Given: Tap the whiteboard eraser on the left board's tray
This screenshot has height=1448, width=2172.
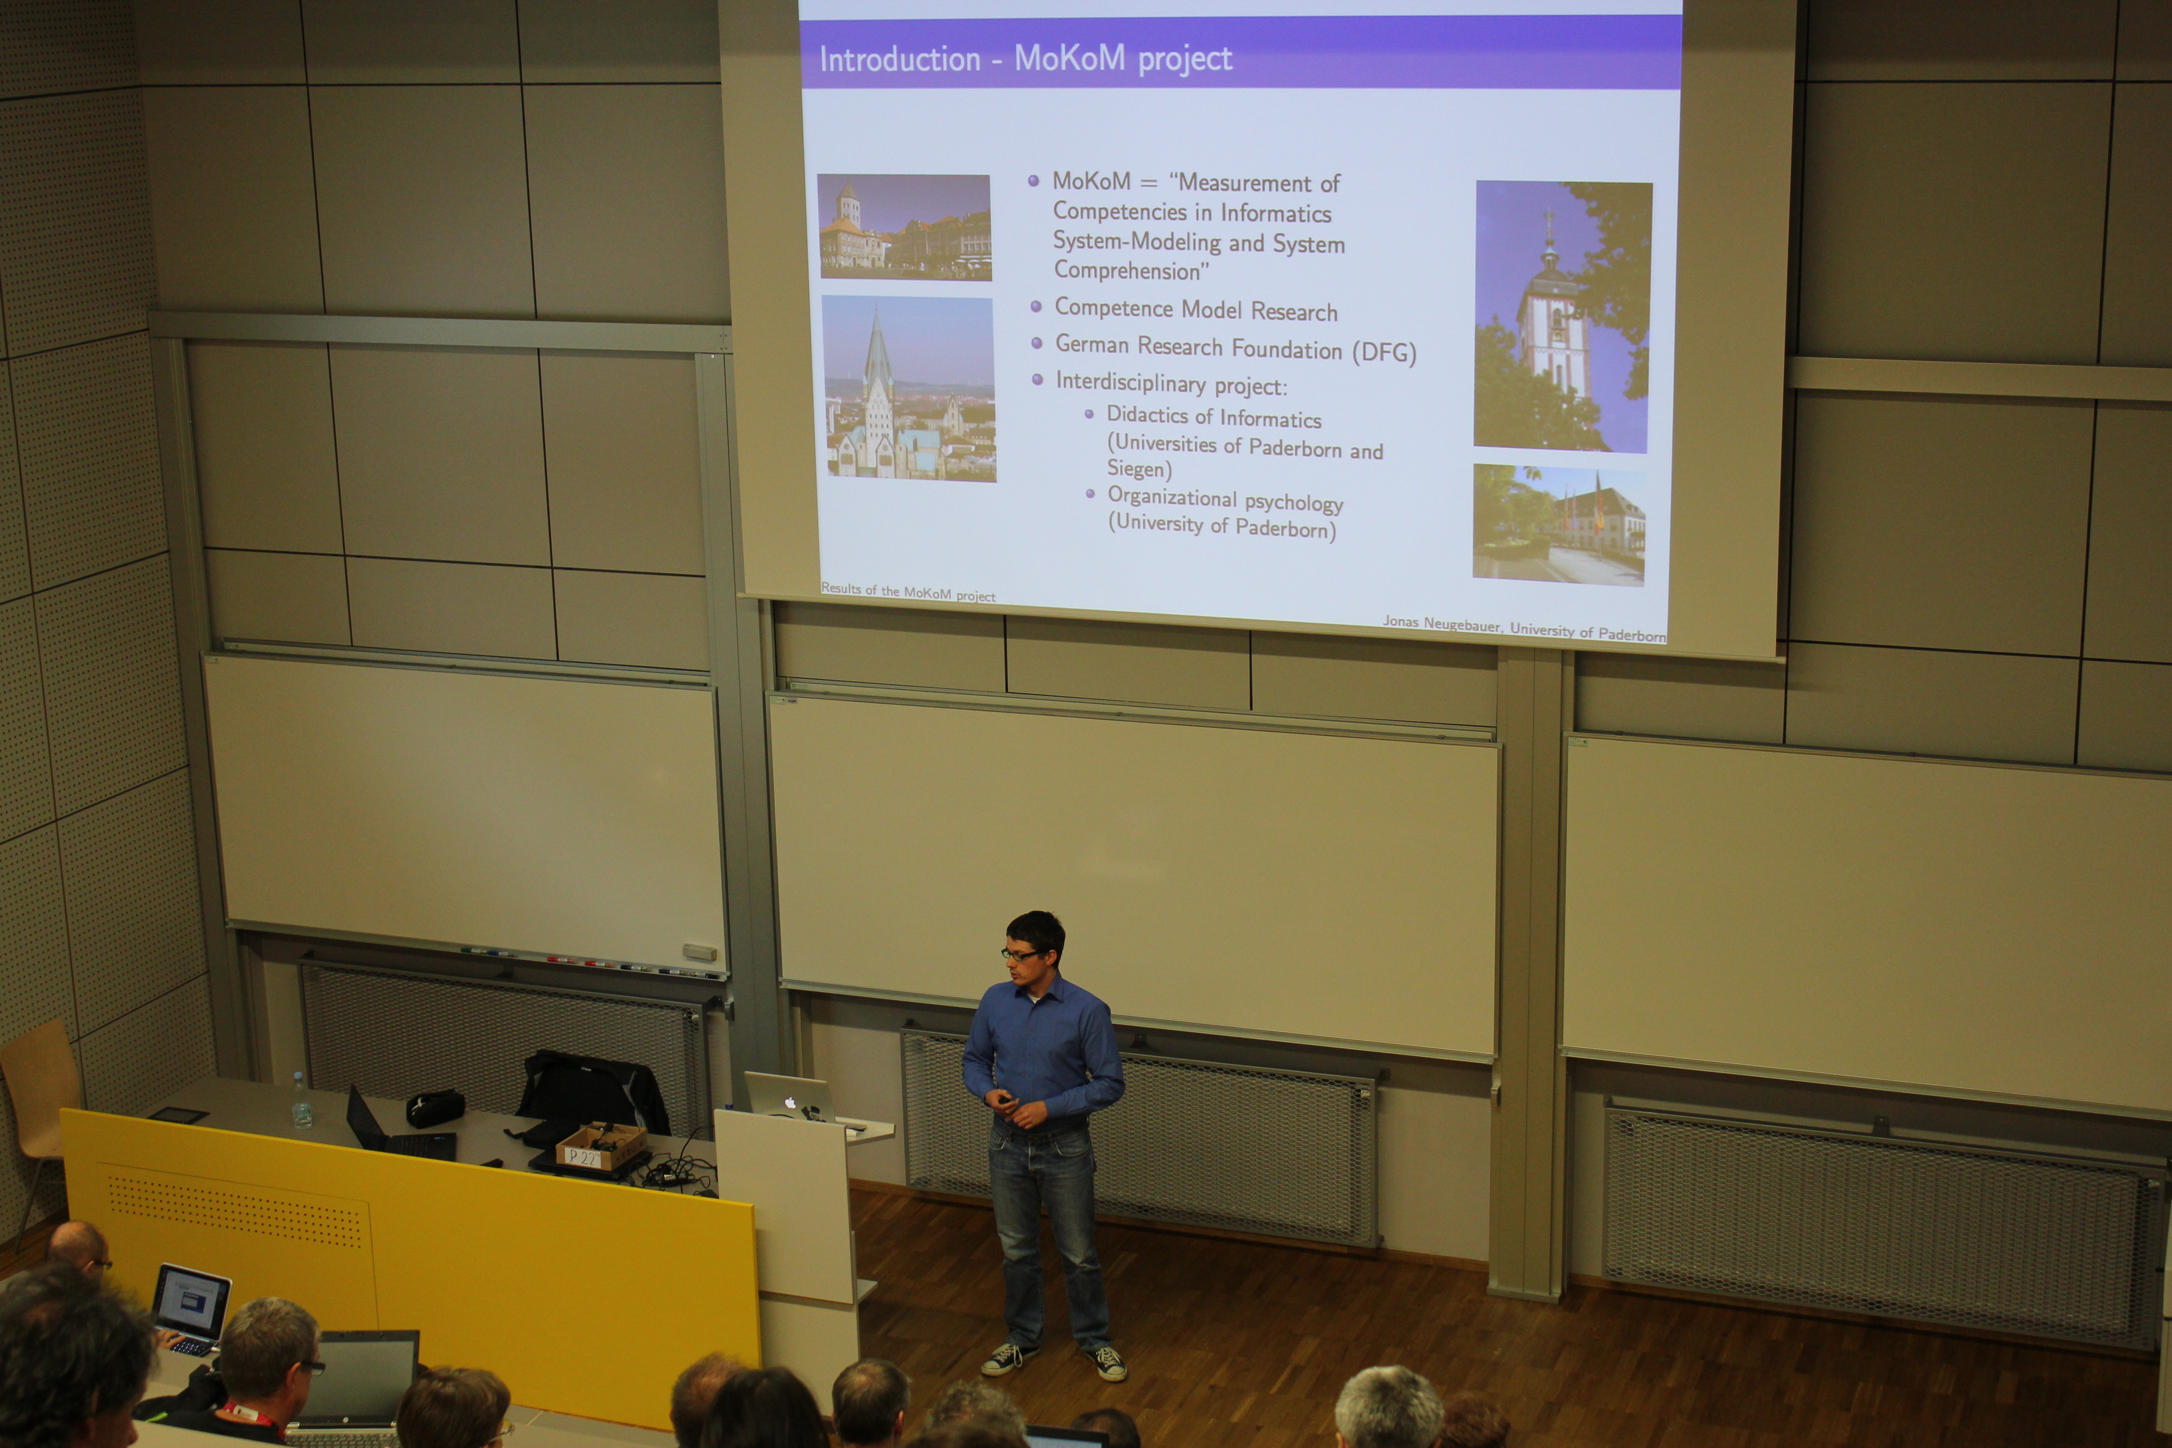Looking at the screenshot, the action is click(x=699, y=951).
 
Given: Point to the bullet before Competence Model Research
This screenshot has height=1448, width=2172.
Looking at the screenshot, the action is click(x=1036, y=306).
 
